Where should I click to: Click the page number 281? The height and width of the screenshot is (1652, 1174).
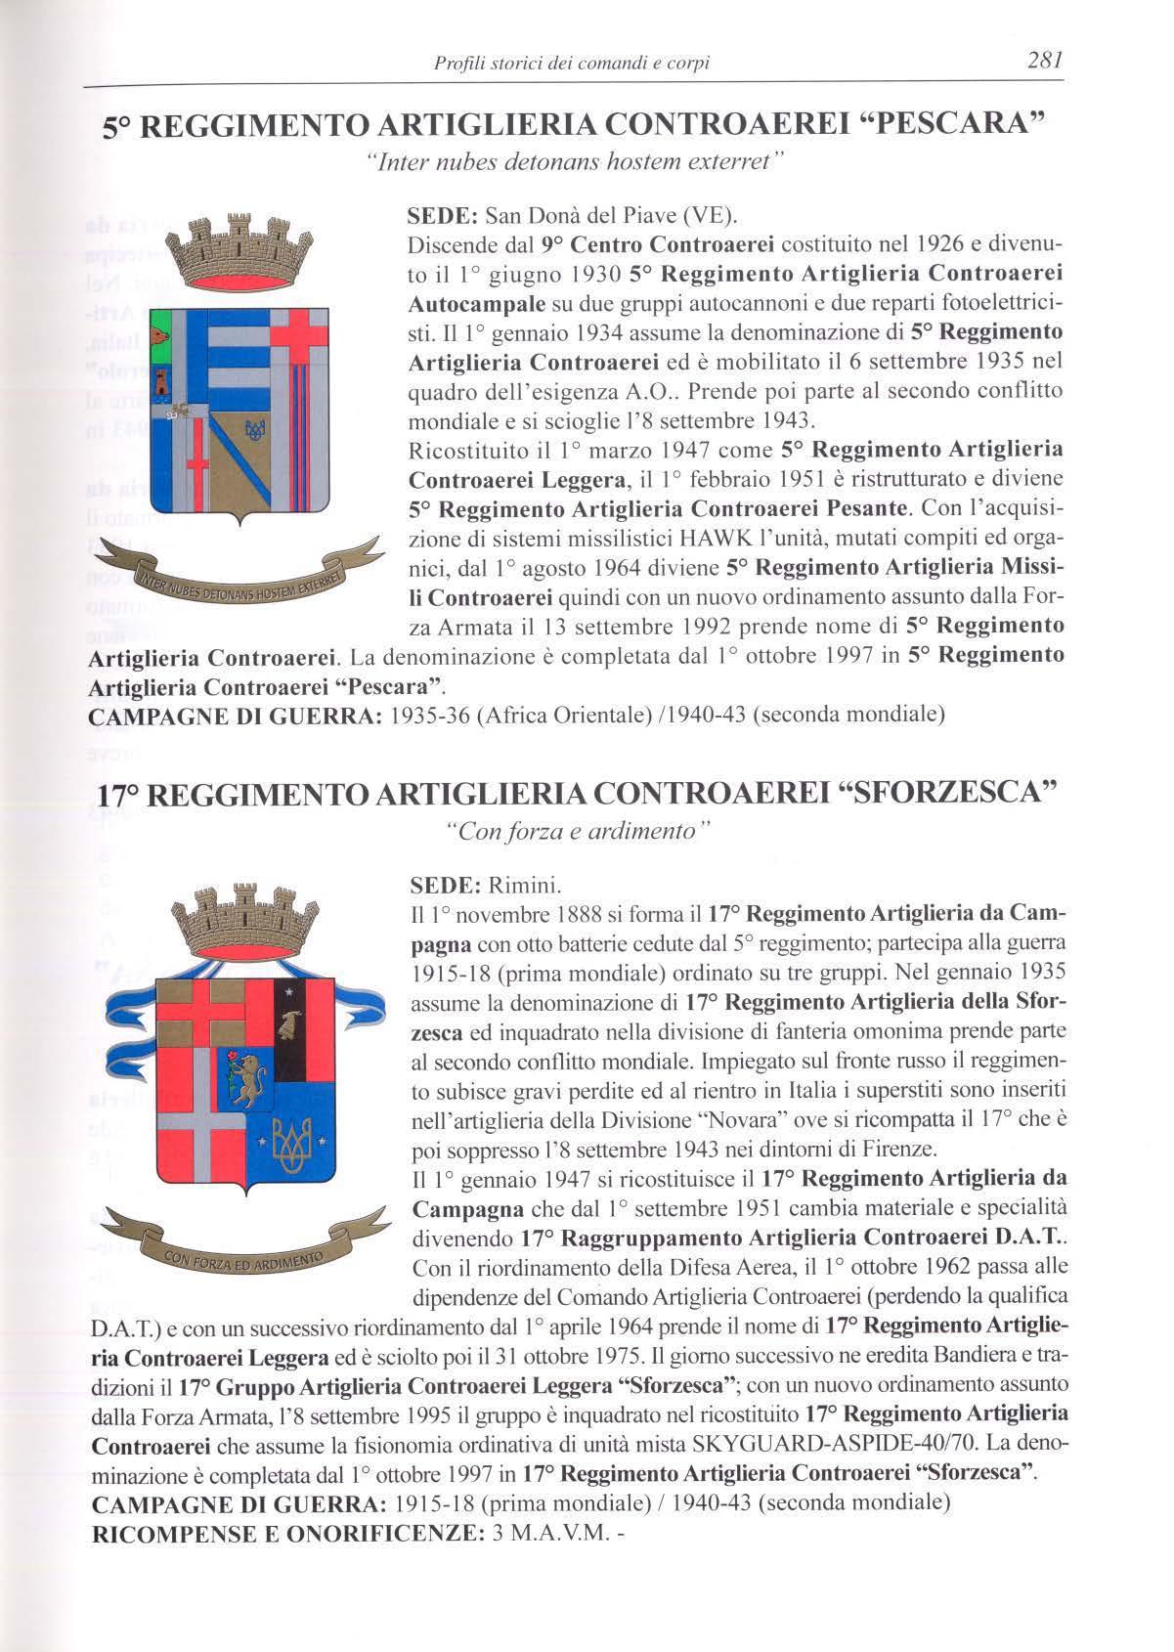click(1044, 61)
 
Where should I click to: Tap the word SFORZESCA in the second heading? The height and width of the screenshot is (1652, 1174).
click(946, 792)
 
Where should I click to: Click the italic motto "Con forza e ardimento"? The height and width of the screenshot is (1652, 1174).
click(576, 832)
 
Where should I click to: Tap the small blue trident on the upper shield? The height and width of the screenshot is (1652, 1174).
click(255, 428)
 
